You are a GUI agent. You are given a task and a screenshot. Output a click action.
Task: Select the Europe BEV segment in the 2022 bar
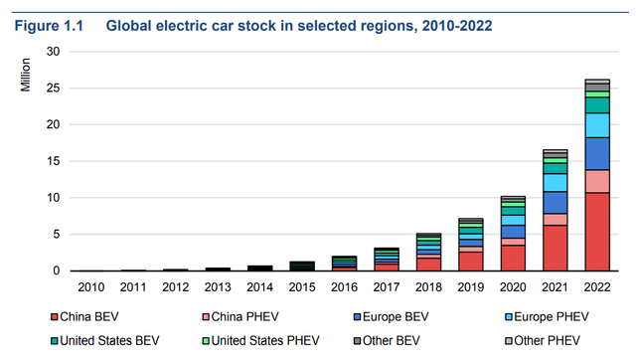click(597, 153)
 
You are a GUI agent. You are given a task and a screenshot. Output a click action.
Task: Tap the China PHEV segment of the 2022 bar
click(597, 181)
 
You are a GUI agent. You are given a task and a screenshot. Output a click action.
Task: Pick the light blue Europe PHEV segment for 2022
click(597, 124)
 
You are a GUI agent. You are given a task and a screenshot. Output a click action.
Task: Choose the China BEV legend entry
click(86, 318)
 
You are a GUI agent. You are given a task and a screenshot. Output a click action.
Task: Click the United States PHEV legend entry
click(259, 338)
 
